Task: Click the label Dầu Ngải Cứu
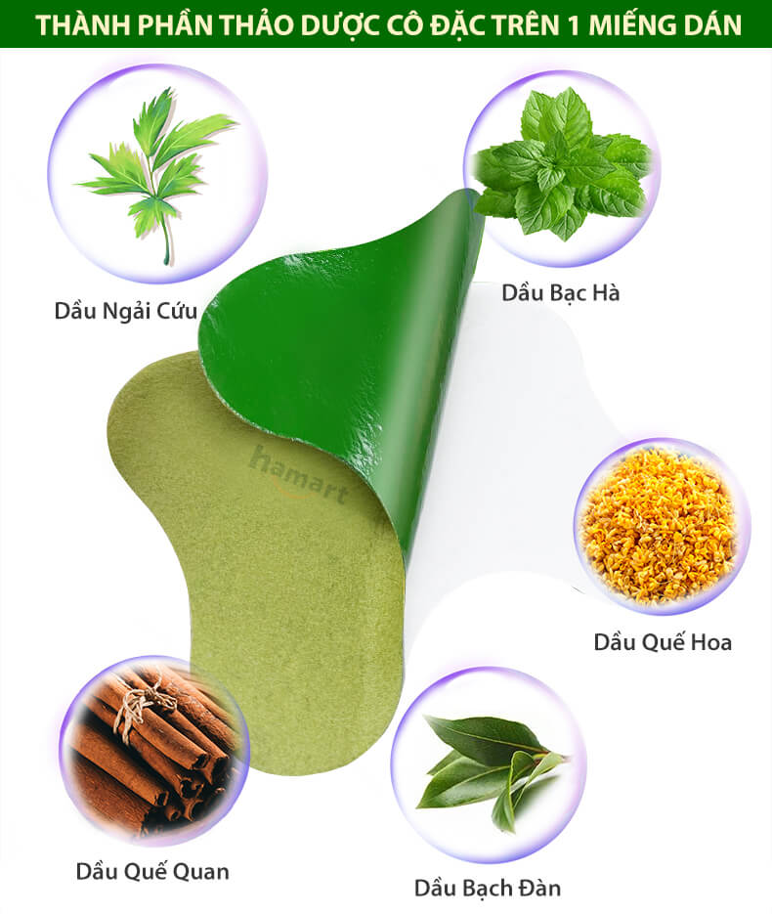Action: pos(126,311)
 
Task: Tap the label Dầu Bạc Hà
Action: pos(561,292)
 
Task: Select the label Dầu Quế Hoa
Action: pos(663,642)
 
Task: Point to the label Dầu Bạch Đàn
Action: pos(488,888)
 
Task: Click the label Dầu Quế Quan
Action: pos(152,871)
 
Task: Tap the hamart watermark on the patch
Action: pos(299,475)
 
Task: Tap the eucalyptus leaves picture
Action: pos(490,766)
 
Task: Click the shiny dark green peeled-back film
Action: pos(350,350)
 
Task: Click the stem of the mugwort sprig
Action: pos(166,234)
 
